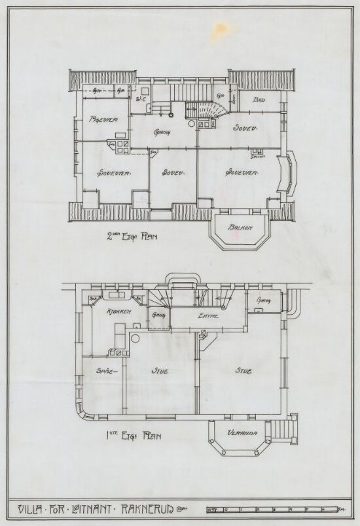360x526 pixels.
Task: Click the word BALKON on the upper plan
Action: [240, 228]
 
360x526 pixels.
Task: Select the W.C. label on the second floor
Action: [141, 99]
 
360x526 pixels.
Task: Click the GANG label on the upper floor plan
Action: [162, 132]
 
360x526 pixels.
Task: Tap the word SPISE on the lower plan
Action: [106, 371]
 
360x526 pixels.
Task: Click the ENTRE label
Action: [209, 317]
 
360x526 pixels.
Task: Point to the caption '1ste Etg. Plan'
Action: [134, 435]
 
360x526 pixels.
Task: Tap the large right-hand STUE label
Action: [243, 371]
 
